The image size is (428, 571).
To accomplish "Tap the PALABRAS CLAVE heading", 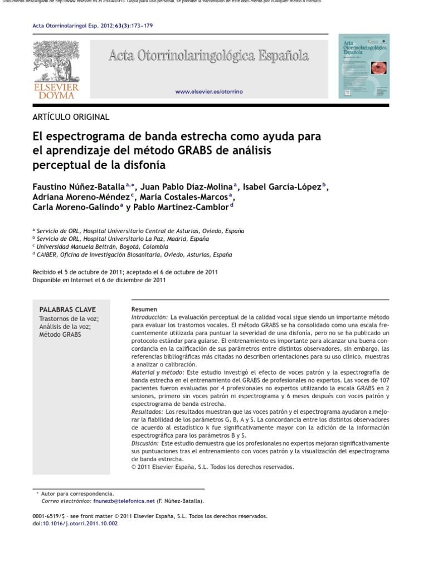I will pos(67,309).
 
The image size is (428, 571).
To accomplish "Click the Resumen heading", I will pos(144,309).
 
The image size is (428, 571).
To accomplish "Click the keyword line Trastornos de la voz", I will pos(69,319).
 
